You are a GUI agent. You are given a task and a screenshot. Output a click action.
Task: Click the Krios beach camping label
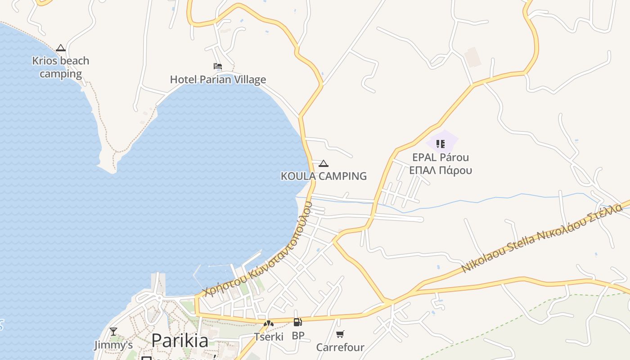61,67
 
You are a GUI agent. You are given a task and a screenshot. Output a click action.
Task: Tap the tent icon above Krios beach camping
61,48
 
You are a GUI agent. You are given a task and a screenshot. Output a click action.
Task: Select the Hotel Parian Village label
218,80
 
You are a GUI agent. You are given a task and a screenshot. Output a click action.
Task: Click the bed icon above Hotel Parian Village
218,66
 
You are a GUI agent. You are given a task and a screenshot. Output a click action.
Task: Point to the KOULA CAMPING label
324,176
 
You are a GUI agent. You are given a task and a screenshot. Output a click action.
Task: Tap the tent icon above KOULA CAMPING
323,163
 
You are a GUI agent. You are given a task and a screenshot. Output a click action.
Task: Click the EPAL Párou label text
441,157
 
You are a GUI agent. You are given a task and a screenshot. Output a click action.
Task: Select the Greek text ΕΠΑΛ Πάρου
441,170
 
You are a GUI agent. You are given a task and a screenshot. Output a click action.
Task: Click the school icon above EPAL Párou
441,144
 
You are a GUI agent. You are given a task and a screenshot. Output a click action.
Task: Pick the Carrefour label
340,347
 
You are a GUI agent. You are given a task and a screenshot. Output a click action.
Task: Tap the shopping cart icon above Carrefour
340,334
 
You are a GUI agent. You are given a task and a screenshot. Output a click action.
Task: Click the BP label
298,336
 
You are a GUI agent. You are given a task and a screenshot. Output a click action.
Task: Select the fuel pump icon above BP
297,322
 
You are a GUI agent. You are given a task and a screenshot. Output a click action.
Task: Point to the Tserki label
269,337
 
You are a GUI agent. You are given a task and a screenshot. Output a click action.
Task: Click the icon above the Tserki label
269,323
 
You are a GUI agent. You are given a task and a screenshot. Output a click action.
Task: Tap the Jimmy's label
113,345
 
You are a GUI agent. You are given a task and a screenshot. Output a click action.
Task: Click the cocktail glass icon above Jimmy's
113,332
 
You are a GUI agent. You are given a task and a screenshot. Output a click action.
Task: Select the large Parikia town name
180,341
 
